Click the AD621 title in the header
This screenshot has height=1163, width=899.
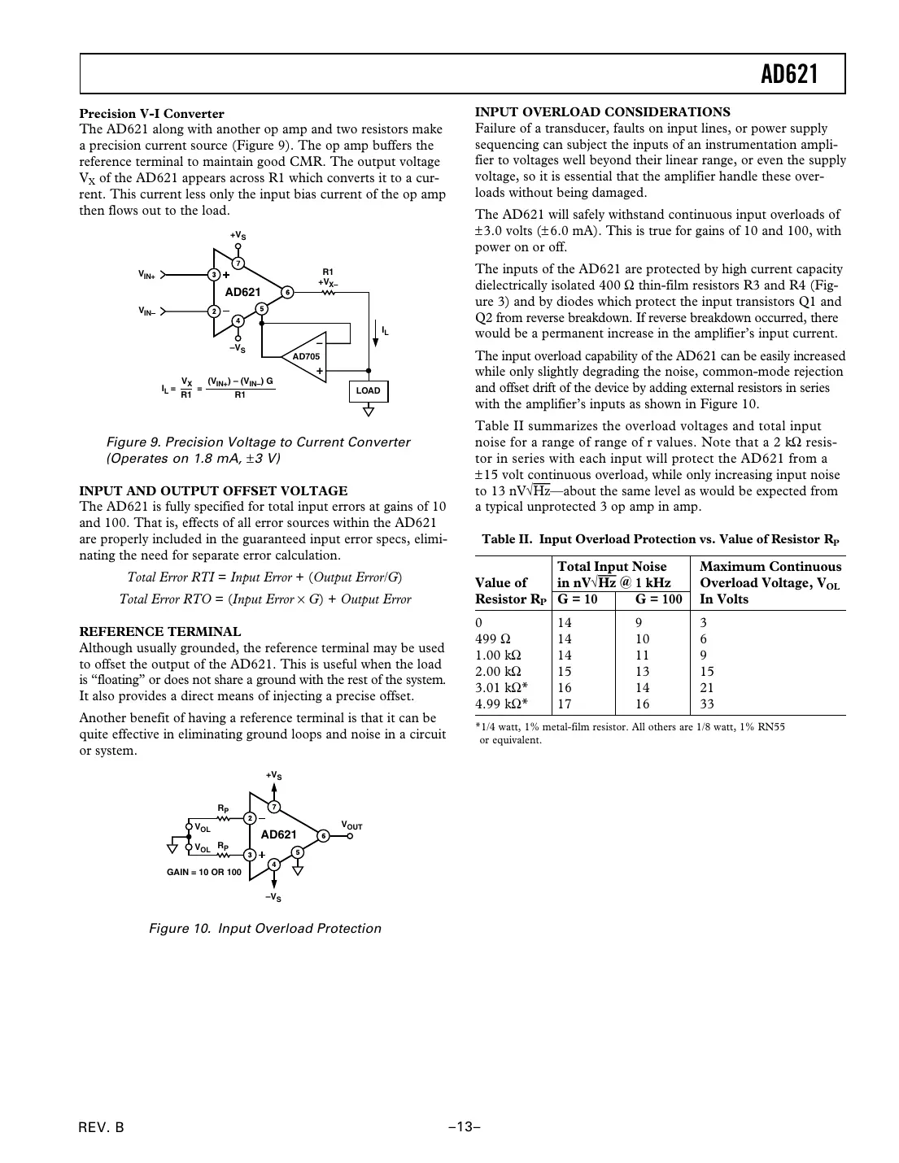[x=788, y=75]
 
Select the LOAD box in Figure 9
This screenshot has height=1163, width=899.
[x=368, y=390]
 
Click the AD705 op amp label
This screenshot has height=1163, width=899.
[x=306, y=356]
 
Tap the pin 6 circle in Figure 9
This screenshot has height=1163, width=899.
[x=287, y=292]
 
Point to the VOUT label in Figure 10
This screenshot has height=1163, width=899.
[x=351, y=826]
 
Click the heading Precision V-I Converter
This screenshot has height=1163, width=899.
[x=151, y=113]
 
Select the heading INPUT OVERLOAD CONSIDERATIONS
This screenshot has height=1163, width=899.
[x=602, y=112]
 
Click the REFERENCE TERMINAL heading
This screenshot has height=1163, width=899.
[x=159, y=631]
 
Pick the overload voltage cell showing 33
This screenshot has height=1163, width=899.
[x=707, y=704]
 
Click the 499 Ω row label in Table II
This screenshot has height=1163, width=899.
[x=492, y=639]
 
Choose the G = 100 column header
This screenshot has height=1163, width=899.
[x=658, y=599]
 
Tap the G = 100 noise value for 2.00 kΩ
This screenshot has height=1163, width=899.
[x=643, y=672]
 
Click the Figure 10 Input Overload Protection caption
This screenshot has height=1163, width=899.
[x=264, y=928]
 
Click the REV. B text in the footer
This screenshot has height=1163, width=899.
[x=102, y=1127]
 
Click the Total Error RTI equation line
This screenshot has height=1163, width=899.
[x=264, y=577]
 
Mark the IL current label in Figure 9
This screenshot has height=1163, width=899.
[x=385, y=331]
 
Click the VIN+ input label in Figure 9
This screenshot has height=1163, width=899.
[x=146, y=276]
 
